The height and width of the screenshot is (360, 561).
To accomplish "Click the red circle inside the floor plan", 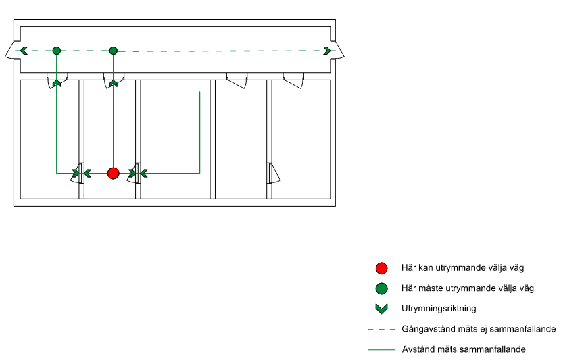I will [x=114, y=174].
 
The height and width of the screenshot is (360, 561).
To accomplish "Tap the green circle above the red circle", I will [x=114, y=51].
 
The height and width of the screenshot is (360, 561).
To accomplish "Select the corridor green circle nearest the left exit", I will [x=57, y=51].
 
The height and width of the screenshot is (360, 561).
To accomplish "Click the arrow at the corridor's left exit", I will [x=24, y=51].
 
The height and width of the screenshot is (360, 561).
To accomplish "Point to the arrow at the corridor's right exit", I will [x=327, y=51].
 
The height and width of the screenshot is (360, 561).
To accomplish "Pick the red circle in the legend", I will [x=381, y=267].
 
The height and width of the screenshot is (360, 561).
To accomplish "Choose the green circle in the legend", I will [x=381, y=288].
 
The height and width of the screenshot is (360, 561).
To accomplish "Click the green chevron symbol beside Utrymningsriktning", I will [x=381, y=309].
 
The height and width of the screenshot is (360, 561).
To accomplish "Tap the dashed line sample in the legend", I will [x=381, y=330].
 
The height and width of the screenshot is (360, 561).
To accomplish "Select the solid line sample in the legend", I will [x=381, y=350].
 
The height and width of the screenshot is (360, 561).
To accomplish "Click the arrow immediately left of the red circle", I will [x=88, y=174].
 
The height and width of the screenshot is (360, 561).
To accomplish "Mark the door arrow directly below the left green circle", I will [x=57, y=83].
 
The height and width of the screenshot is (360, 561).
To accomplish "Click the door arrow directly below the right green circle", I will [x=114, y=83].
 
